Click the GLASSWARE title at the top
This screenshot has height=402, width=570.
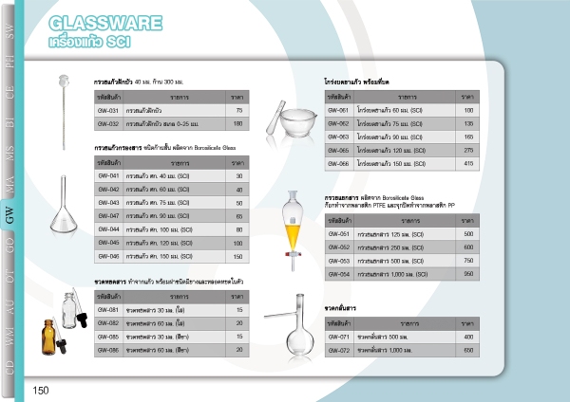click(96, 22)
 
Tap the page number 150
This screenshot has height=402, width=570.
click(41, 391)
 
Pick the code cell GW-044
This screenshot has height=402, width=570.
click(108, 229)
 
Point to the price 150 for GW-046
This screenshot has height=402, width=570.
click(238, 256)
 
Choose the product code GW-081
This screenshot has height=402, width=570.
click(108, 310)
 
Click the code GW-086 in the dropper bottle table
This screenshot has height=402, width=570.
click(108, 350)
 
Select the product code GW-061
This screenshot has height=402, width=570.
click(338, 110)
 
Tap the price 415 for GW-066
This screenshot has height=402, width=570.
click(467, 163)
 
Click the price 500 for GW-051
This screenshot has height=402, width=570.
click(467, 233)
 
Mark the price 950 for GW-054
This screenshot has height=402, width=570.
click(467, 273)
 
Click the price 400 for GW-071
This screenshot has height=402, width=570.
click(467, 337)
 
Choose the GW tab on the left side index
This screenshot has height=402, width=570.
click(9, 217)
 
